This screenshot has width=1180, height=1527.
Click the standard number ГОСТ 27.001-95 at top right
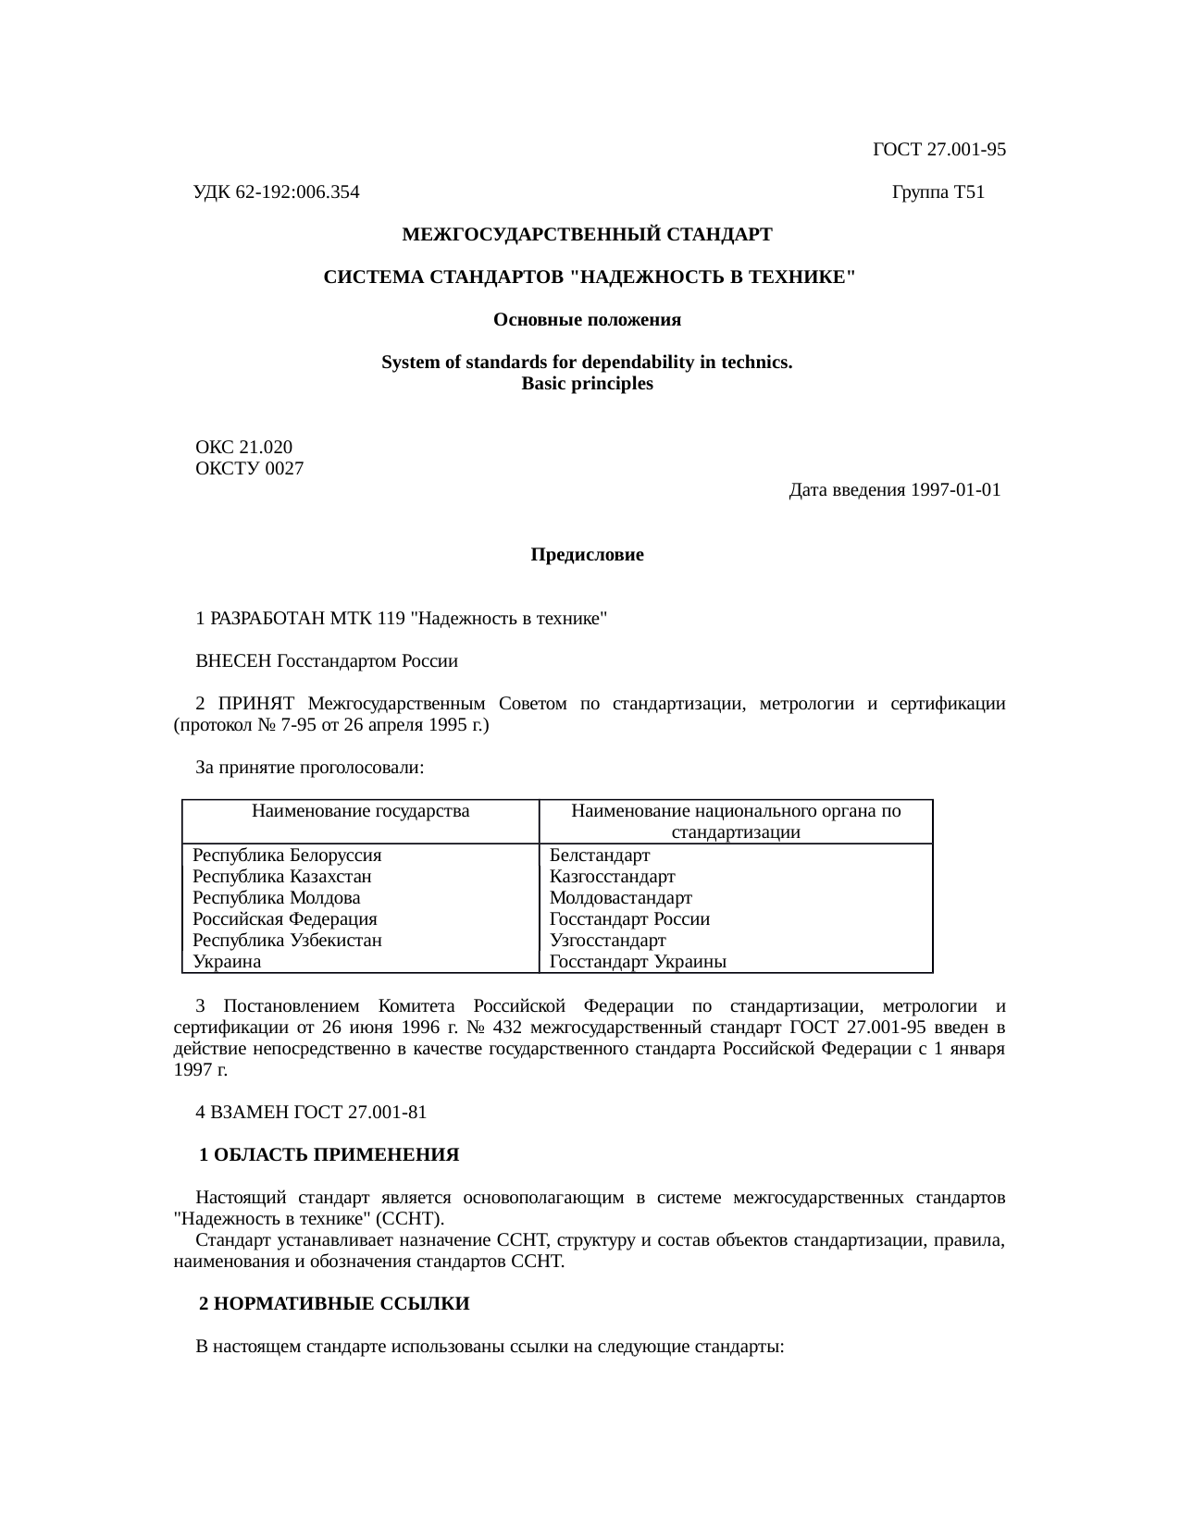point(938,150)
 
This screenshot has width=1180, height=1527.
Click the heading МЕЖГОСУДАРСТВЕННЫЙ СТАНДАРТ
point(587,235)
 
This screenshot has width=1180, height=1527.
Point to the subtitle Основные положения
point(587,320)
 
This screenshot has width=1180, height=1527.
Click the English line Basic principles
point(587,384)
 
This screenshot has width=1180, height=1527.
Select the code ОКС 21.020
point(243,448)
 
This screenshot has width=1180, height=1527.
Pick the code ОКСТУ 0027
point(249,469)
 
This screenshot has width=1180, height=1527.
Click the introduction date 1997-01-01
point(954,490)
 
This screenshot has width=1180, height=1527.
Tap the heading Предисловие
point(587,555)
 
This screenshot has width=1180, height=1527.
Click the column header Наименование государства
point(360,812)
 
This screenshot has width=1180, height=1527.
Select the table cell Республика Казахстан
point(281,876)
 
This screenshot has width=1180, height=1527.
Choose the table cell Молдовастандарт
point(620,898)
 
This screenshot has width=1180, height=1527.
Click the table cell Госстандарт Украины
point(637,962)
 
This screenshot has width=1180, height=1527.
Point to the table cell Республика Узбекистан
point(287,941)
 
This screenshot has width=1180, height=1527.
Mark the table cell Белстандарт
point(599,855)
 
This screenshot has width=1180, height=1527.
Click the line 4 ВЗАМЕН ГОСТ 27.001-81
point(311,1113)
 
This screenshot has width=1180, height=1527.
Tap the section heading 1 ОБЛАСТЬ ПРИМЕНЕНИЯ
point(329,1155)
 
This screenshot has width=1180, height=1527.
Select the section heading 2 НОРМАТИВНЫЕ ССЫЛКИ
point(335,1304)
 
